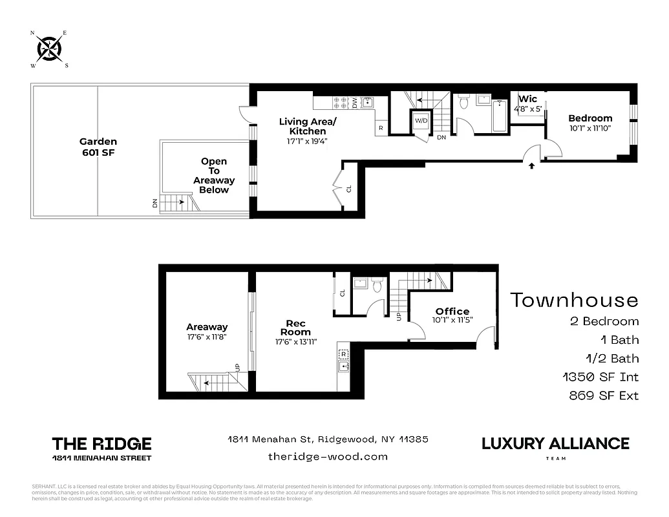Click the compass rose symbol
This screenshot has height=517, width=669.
coord(49,48)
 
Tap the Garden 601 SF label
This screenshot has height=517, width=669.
coord(98,147)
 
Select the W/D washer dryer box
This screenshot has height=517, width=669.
coord(421,121)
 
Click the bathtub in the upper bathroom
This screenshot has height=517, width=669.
coord(500,116)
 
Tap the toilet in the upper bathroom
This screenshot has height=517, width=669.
coord(463,102)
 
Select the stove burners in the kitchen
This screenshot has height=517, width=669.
coord(340,102)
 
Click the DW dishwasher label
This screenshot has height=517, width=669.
coord(355,102)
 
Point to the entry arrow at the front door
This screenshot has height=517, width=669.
coord(532,166)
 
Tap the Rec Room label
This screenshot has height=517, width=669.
coord(295,328)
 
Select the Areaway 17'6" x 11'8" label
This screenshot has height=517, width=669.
coord(207,332)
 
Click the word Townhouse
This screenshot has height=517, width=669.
coord(574,301)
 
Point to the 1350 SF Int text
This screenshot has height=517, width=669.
coord(600,377)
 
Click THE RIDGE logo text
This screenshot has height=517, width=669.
coord(101,444)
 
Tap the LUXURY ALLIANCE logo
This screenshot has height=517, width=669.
coord(555,444)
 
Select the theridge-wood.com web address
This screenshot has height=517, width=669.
coord(328,456)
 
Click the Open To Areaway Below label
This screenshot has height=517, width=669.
coord(213,176)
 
